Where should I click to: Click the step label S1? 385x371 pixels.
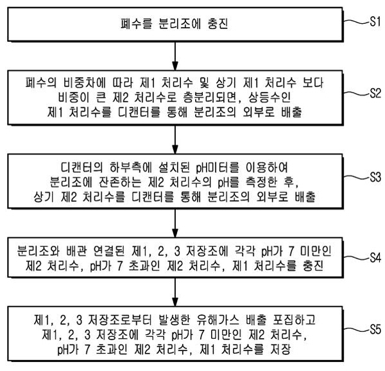pyautogui.click(x=375, y=22)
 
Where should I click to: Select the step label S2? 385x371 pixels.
pyautogui.click(x=375, y=93)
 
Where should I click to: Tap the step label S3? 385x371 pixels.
pyautogui.click(x=375, y=177)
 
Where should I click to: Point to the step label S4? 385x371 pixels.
pyautogui.click(x=375, y=258)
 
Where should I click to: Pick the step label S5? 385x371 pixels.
pyautogui.click(x=375, y=329)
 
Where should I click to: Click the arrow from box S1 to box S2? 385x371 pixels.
pyautogui.click(x=175, y=56)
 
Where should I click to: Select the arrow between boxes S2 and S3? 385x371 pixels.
pyautogui.click(x=175, y=140)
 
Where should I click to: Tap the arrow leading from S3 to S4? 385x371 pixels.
pyautogui.click(x=175, y=223)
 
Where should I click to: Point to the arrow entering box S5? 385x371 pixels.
pyautogui.click(x=175, y=293)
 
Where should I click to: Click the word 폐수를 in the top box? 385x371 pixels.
pyautogui.click(x=137, y=24)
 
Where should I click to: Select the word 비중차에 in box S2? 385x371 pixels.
pyautogui.click(x=85, y=83)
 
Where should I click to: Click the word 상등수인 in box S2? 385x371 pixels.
pyautogui.click(x=269, y=98)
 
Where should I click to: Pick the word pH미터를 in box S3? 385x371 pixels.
pyautogui.click(x=218, y=168)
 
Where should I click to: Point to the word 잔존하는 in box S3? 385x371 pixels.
pyautogui.click(x=120, y=182)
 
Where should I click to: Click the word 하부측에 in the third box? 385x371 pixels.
pyautogui.click(x=131, y=168)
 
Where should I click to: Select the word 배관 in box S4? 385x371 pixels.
pyautogui.click(x=76, y=251)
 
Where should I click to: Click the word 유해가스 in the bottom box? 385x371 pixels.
pyautogui.click(x=218, y=320)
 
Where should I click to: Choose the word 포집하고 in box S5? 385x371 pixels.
pyautogui.click(x=294, y=320)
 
